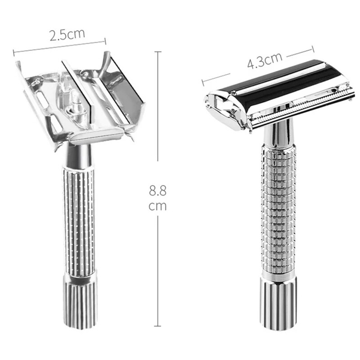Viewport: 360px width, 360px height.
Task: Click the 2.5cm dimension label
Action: tap(67, 35)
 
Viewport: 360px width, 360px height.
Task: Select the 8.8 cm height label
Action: tap(158, 198)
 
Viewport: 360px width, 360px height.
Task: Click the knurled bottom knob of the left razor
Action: tap(81, 301)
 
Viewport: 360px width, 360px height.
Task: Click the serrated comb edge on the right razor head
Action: tap(297, 108)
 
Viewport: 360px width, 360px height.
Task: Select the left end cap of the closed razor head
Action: tap(223, 108)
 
